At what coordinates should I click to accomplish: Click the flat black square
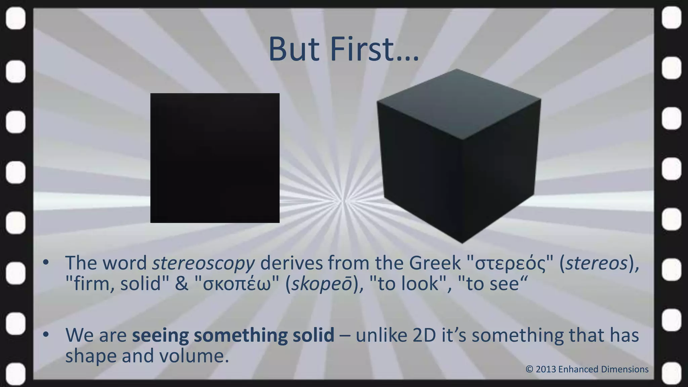pos(215,158)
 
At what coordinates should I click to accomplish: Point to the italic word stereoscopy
pos(204,263)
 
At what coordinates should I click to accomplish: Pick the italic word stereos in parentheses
pos(597,263)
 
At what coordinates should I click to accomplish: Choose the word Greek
pos(435,263)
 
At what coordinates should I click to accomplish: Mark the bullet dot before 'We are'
pos(46,334)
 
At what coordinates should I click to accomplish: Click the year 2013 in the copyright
pos(546,370)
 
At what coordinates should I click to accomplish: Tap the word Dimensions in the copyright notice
pos(625,370)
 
